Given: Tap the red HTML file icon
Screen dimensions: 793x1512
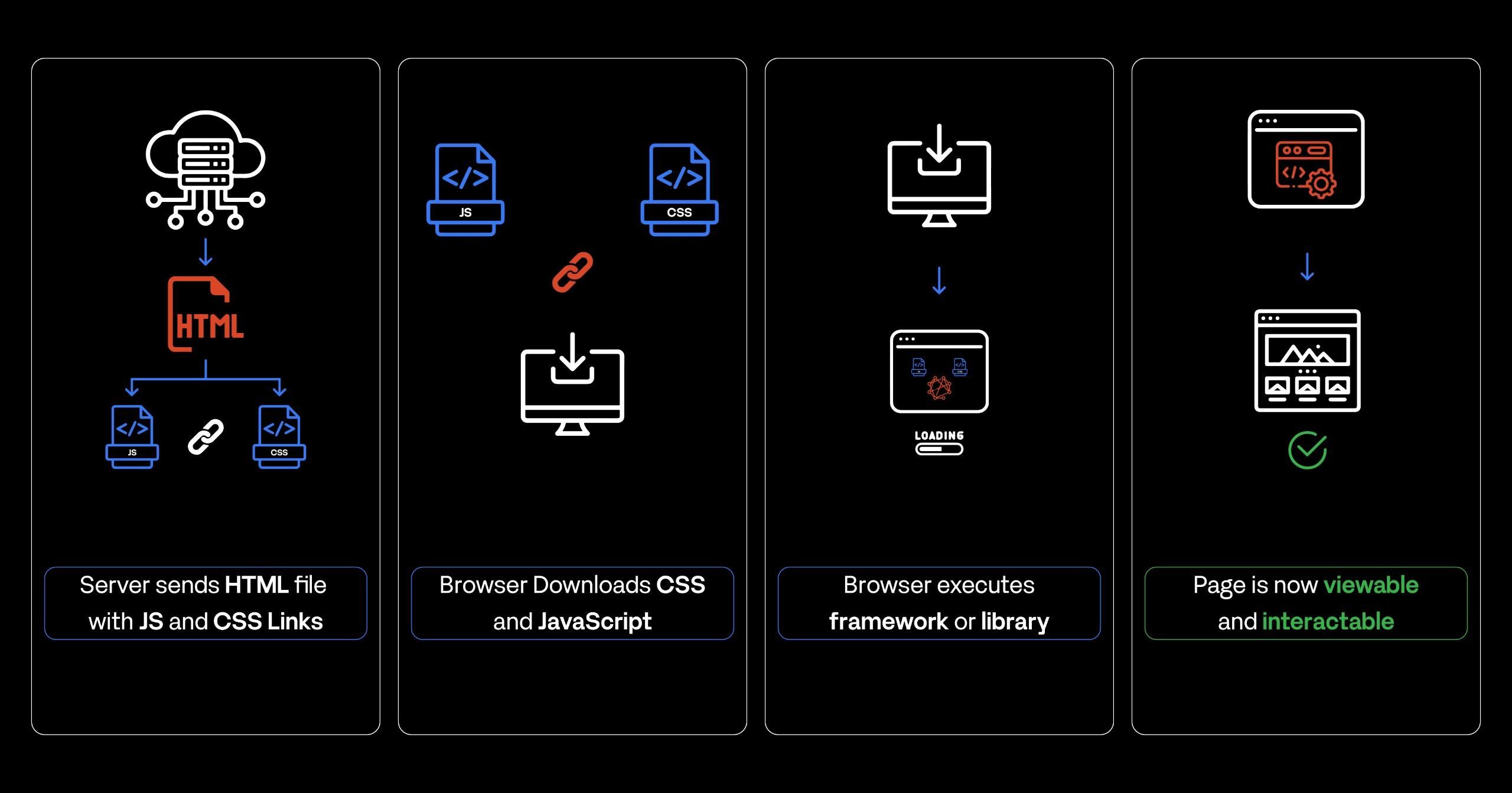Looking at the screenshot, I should click(x=205, y=314).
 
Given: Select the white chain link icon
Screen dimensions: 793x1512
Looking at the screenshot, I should click(x=206, y=437).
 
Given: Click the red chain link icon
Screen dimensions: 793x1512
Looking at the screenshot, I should click(x=572, y=272).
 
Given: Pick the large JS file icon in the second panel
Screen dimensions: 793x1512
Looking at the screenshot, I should click(x=465, y=190).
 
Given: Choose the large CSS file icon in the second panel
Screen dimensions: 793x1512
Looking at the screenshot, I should click(x=679, y=190).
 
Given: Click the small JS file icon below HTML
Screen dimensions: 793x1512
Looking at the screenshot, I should click(x=132, y=437).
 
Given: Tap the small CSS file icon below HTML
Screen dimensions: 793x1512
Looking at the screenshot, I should click(x=279, y=437).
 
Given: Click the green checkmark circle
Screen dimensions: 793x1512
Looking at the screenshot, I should click(x=1307, y=450).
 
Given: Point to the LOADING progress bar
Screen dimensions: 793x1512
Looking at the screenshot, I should click(x=939, y=449).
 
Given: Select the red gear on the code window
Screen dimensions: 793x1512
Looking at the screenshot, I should click(x=1322, y=184).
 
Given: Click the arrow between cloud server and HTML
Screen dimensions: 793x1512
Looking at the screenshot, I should click(x=206, y=252).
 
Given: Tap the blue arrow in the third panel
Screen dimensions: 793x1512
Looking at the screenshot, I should click(x=939, y=280).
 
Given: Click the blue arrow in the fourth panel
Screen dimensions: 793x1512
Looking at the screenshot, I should click(x=1307, y=266).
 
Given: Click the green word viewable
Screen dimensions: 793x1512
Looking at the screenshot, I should click(x=1371, y=585).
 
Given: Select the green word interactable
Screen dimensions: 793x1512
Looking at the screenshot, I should click(x=1328, y=621).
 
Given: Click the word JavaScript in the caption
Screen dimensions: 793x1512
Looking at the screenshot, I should click(x=595, y=621).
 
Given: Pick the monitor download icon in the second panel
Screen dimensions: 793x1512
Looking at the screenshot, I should click(x=572, y=384).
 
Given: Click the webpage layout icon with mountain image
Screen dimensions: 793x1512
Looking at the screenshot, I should click(x=1307, y=360).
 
